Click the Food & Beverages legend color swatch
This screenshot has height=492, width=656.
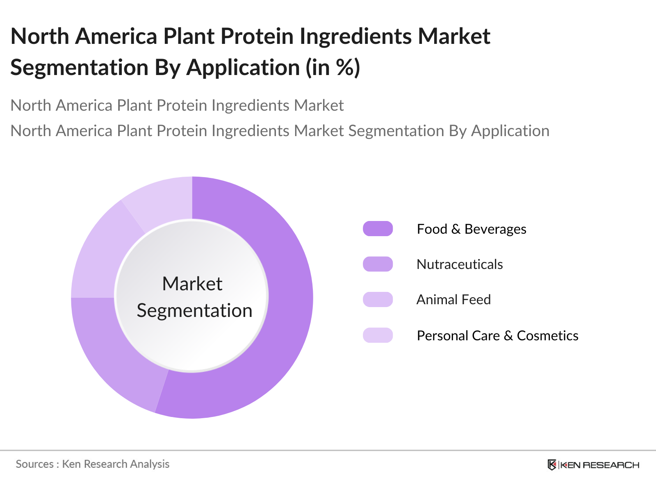(378, 229)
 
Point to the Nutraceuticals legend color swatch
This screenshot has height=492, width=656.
(378, 264)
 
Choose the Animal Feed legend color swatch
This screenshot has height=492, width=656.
(378, 299)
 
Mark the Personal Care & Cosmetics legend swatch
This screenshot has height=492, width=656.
(378, 335)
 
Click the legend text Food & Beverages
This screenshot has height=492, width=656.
(471, 229)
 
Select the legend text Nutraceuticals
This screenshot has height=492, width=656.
(460, 264)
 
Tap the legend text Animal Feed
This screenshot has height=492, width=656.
(453, 299)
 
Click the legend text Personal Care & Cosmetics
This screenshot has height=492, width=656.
(497, 335)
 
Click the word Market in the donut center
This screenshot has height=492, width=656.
(192, 284)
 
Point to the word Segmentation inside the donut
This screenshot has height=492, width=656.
(194, 310)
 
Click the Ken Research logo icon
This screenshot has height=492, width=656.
(552, 465)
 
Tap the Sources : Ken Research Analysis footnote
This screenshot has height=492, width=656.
(93, 464)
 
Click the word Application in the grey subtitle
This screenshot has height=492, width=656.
(510, 131)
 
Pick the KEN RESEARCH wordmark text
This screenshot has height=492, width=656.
(599, 465)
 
